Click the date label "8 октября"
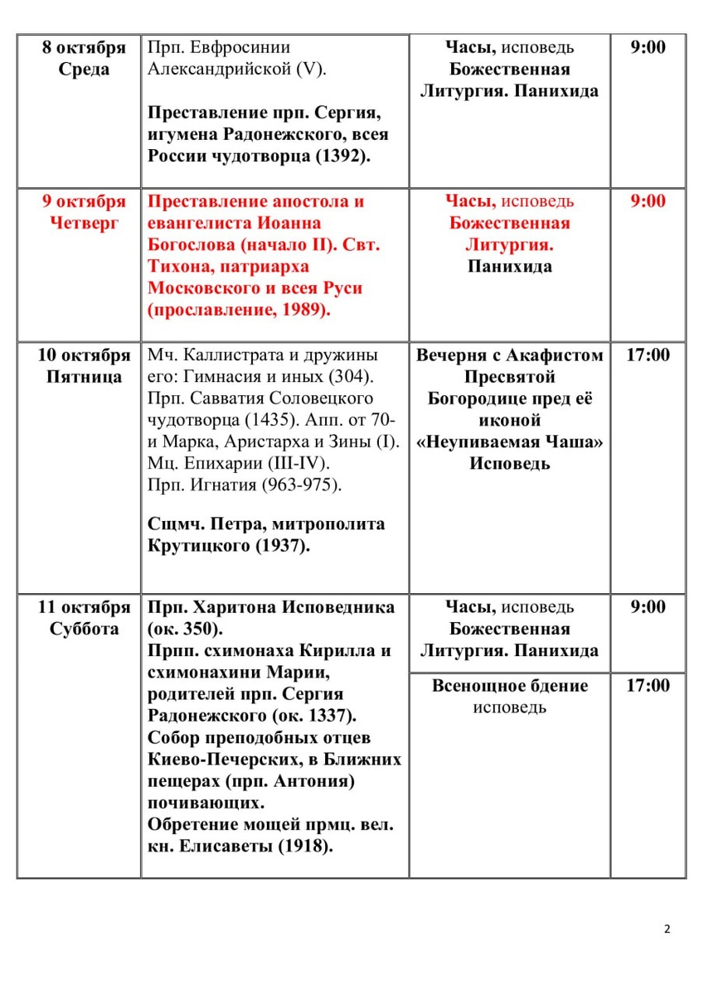coord(84,47)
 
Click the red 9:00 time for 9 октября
coord(648,201)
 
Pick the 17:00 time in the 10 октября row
coord(648,355)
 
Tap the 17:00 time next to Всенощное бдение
coord(648,685)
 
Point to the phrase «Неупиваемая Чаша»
coord(510,442)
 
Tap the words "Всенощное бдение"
coord(510,685)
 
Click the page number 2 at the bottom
coord(668,929)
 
